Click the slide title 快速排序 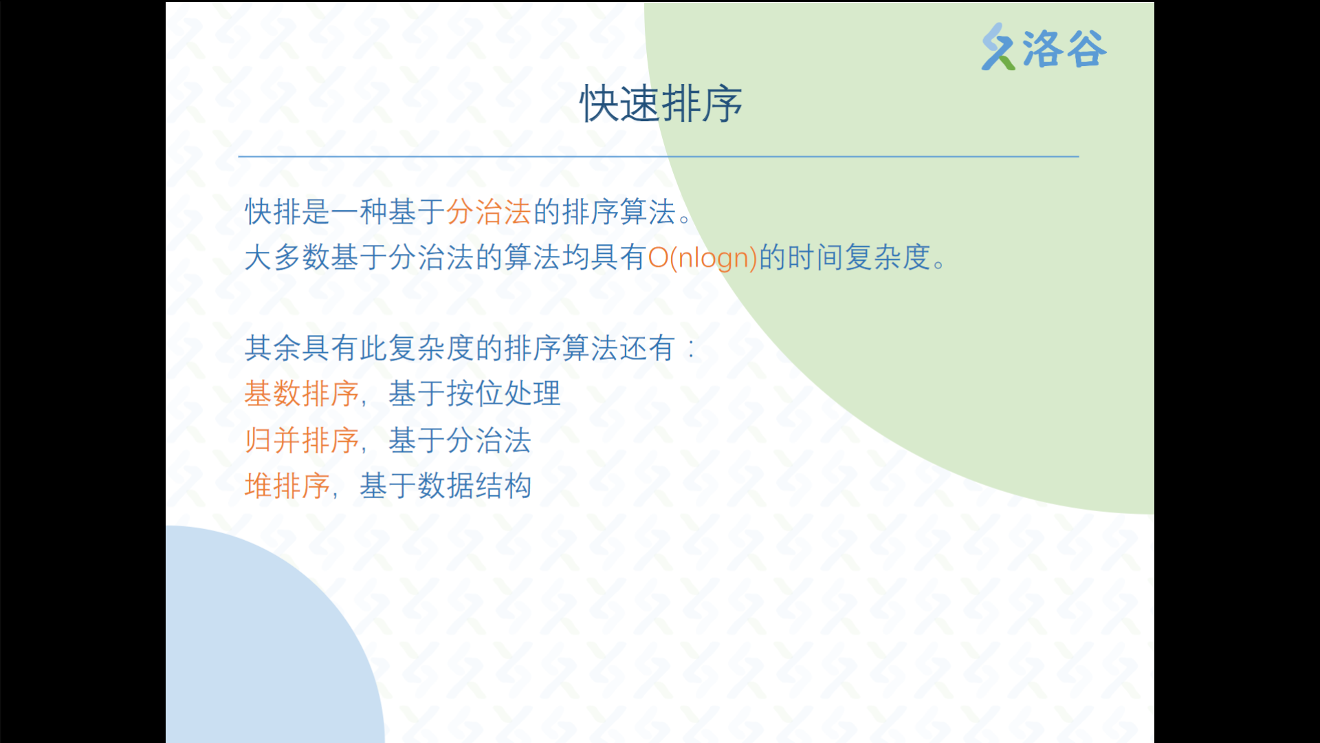click(661, 104)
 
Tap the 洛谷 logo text click(1064, 49)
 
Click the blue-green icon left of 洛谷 click(998, 47)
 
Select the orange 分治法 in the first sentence click(489, 212)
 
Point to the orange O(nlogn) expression click(703, 258)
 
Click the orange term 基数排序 click(302, 394)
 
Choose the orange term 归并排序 click(302, 440)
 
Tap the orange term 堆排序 click(287, 486)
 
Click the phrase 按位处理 click(504, 394)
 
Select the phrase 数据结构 click(474, 486)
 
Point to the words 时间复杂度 click(859, 258)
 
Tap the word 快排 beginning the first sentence click(273, 212)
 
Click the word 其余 click(273, 348)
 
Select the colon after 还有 click(692, 349)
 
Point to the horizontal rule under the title click(659, 157)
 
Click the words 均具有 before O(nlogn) click(604, 258)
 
